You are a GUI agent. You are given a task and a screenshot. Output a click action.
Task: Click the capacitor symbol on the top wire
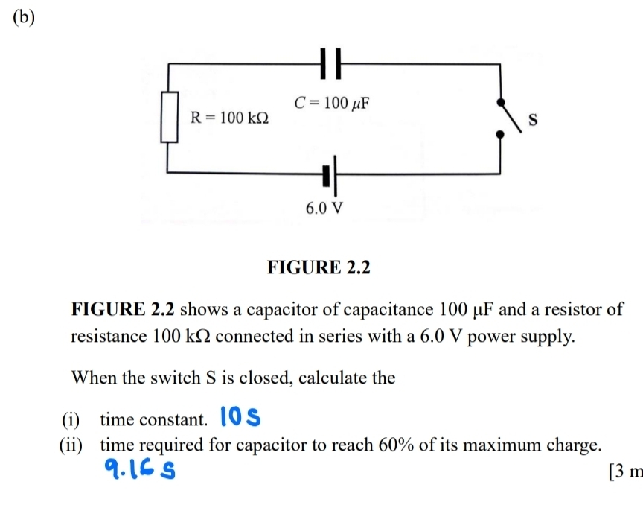click(x=332, y=63)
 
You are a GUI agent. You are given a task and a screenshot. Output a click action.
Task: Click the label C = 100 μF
click(x=333, y=103)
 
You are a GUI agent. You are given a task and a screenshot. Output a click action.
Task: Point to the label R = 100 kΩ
click(x=230, y=117)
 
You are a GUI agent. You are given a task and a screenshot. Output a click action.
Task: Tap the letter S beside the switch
click(x=532, y=119)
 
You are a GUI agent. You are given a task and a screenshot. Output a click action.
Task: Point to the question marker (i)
click(x=76, y=420)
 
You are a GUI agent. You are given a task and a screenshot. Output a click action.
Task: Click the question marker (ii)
click(x=72, y=446)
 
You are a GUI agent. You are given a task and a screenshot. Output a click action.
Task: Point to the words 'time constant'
click(x=153, y=420)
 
